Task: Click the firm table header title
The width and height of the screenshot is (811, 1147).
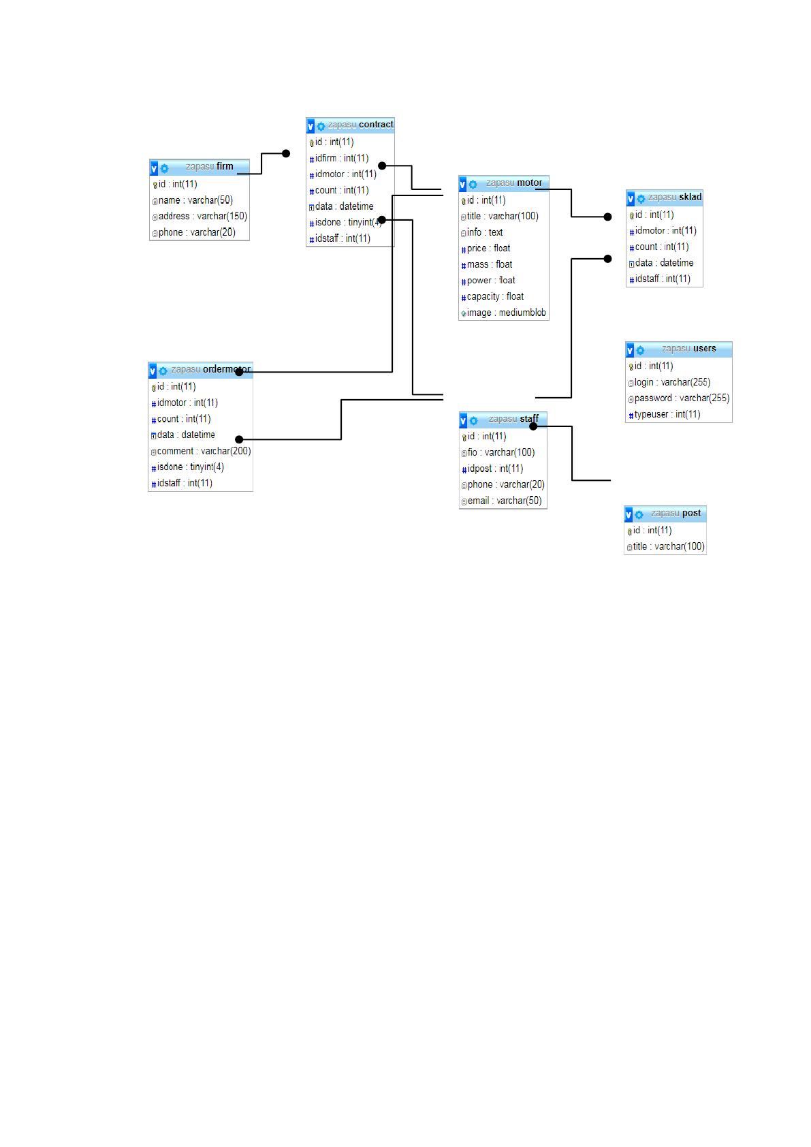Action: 210,166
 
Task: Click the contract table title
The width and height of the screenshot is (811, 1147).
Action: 360,125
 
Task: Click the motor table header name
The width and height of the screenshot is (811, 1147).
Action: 513,183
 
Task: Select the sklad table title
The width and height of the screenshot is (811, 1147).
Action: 675,197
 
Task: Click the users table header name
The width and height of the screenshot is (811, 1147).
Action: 688,349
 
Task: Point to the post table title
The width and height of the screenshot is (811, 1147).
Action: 675,513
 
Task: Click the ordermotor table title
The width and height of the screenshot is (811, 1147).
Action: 210,369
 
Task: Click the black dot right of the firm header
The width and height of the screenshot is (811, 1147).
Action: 286,154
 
